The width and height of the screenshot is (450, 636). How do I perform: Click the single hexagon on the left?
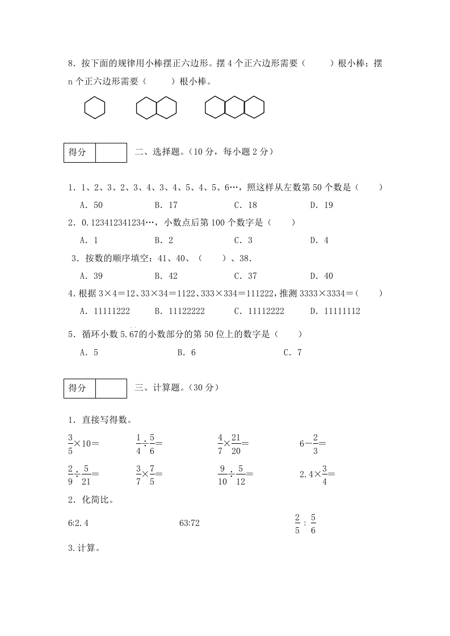click(x=95, y=108)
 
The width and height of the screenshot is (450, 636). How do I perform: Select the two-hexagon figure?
click(x=156, y=108)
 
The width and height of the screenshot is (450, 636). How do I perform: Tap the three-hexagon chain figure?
click(x=234, y=108)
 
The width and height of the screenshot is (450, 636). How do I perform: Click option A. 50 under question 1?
click(x=91, y=205)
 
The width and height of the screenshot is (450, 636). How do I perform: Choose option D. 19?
click(x=321, y=205)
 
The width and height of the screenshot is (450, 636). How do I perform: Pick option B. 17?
click(x=166, y=205)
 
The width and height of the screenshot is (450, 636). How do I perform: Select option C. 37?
click(x=245, y=276)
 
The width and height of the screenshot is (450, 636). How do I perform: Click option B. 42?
click(x=166, y=276)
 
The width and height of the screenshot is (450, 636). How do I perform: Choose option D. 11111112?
click(x=335, y=311)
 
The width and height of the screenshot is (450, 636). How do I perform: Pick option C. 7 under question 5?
click(x=292, y=353)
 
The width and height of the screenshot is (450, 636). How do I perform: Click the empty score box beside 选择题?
click(x=111, y=152)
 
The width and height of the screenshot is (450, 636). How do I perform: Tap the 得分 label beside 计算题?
click(x=79, y=388)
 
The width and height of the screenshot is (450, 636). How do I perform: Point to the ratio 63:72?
click(x=189, y=523)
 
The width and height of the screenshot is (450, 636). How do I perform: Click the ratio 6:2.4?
click(x=78, y=523)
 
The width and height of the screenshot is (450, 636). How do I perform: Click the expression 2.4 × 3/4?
click(x=317, y=474)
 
